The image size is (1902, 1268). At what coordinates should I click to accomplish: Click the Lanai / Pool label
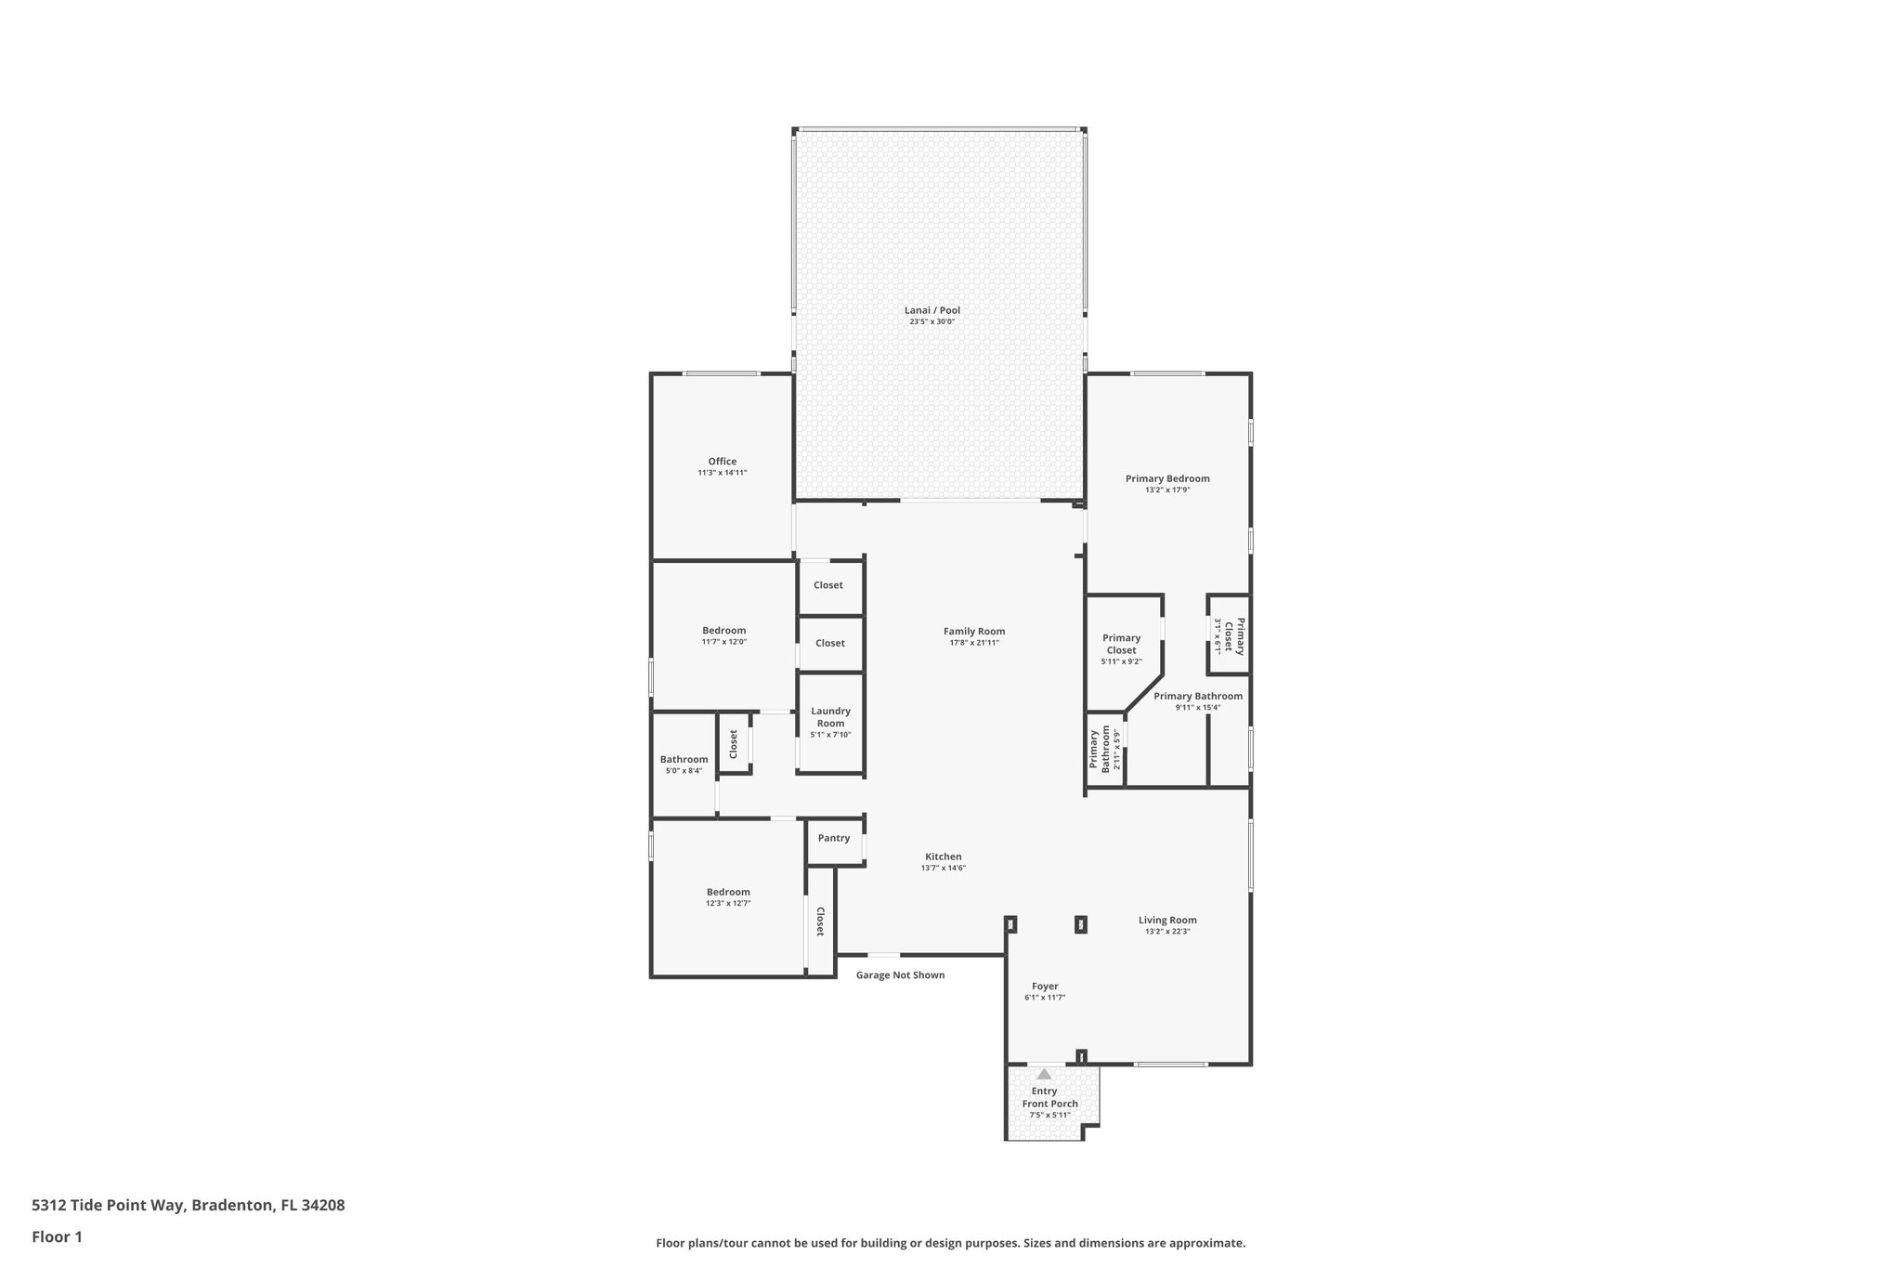pos(931,310)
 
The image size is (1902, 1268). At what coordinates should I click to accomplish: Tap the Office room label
pos(722,462)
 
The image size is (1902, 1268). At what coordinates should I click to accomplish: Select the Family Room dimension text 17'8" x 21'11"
pos(973,643)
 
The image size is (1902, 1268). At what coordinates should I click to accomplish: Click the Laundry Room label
pos(830,717)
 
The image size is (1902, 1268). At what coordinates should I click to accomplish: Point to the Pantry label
pos(833,838)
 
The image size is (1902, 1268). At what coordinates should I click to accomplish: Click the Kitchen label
pos(943,856)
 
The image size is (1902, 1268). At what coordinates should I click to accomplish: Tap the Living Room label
pos(1167,920)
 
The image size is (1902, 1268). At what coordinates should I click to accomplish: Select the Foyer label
pos(1045,987)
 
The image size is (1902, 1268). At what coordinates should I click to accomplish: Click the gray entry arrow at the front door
pos(1044,1074)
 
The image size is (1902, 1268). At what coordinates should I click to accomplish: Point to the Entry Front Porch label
pos(1049,1098)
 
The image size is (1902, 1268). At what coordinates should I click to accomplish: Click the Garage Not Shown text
pos(900,975)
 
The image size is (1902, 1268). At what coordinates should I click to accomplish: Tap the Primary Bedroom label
pos(1167,479)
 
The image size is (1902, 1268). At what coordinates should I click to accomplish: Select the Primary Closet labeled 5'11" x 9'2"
pos(1121,644)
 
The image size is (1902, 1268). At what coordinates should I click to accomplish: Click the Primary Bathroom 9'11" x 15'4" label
pos(1197,697)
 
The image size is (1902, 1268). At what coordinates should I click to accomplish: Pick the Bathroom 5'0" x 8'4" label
pos(684,760)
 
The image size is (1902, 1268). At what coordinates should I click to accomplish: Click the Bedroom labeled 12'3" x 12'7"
pos(727,892)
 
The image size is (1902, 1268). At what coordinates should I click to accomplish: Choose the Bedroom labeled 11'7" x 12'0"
pos(723,631)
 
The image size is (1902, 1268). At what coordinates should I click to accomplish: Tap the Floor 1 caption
pos(57,1237)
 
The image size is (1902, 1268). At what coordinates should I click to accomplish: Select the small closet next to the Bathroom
pos(734,743)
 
